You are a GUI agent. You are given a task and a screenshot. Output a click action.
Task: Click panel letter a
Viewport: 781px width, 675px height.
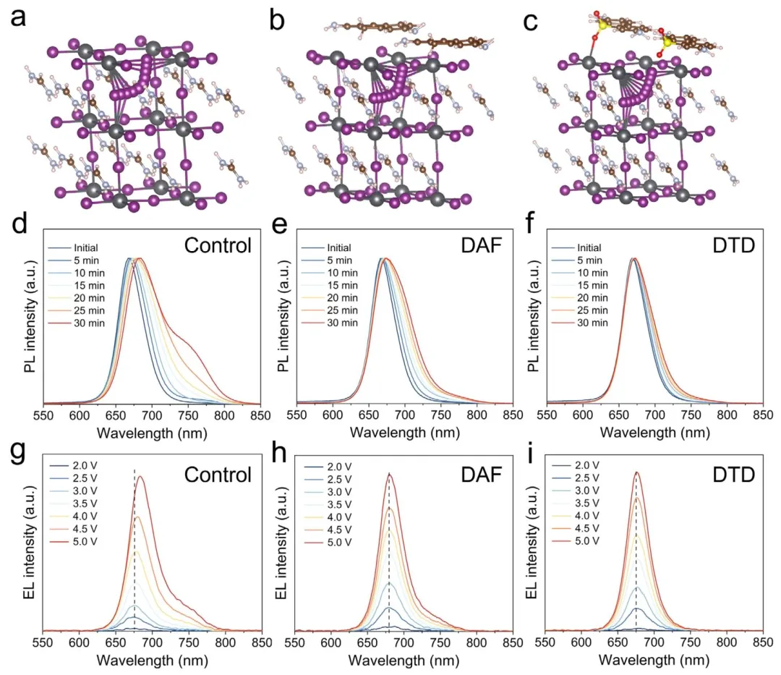18,18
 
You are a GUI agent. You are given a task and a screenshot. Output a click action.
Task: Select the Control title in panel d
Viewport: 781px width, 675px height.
218,245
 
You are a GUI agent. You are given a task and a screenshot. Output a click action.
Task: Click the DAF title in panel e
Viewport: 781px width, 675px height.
481,245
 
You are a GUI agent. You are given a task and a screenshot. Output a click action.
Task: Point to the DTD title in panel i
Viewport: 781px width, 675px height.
734,475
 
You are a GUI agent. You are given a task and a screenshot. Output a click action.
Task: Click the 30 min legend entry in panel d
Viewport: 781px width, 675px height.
77,323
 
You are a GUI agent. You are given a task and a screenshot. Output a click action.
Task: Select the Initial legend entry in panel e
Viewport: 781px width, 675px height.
326,247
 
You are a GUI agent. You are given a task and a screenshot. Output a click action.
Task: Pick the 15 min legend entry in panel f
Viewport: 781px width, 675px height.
580,286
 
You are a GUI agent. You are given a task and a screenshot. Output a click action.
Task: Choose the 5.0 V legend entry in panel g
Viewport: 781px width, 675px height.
73,541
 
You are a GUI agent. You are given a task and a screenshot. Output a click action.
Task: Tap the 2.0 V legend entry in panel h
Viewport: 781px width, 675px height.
327,467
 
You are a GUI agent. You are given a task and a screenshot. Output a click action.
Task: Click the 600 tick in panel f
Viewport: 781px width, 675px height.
583,415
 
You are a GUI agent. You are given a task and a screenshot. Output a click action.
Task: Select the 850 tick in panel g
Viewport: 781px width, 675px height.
261,642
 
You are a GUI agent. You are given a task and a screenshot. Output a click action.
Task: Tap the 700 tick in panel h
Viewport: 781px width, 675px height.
404,642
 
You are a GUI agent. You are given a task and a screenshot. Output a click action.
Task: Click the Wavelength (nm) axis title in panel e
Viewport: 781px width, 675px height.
404,433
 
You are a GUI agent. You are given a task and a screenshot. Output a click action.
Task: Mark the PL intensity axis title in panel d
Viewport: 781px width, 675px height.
31,316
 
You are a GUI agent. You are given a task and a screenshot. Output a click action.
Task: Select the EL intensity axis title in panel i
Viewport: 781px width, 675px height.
533,544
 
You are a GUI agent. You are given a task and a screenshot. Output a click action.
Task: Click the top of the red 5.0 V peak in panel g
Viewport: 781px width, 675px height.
141,477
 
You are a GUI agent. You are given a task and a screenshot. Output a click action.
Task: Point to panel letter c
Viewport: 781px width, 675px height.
531,22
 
